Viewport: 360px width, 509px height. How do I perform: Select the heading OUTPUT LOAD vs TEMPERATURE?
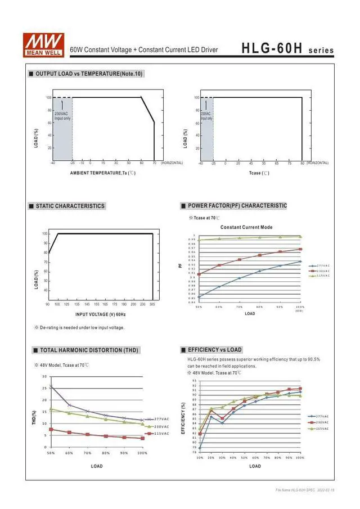(x=89, y=74)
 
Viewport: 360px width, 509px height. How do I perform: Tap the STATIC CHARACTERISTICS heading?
(x=70, y=206)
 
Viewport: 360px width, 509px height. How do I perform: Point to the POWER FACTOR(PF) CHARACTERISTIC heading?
(x=237, y=206)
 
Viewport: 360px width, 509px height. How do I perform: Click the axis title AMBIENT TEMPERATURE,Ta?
(x=102, y=173)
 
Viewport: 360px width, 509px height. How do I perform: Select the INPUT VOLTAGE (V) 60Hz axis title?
(x=101, y=314)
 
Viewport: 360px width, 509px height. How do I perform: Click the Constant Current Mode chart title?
(x=246, y=227)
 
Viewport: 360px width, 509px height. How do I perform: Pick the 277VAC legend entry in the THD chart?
(x=161, y=419)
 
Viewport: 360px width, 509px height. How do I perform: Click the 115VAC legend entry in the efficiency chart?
(x=322, y=429)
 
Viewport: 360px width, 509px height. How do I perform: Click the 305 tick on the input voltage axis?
(x=152, y=304)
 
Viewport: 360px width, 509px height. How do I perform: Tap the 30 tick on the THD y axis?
(x=44, y=376)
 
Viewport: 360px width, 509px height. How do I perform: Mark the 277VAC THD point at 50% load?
(x=51, y=386)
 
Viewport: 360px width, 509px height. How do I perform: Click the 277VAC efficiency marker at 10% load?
(x=200, y=448)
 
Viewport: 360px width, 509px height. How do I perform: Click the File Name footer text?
(x=305, y=490)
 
